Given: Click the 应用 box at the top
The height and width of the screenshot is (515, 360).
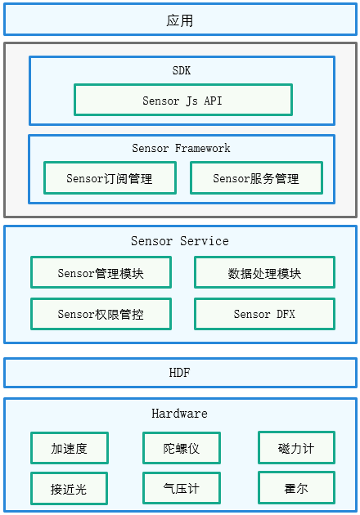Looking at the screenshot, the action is (180, 20).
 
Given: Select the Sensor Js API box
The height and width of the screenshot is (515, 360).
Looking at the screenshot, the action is (183, 100).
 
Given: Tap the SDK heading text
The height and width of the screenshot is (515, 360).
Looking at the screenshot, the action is (182, 70).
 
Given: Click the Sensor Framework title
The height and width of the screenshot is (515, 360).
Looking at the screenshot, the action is (181, 148).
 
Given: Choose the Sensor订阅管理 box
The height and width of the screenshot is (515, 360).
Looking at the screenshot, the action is (110, 177).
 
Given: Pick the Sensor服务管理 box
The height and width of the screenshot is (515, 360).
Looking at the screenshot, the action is (256, 177).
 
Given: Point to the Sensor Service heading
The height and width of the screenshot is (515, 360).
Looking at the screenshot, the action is (180, 241).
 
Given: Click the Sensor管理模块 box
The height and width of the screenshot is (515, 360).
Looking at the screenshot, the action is (101, 272).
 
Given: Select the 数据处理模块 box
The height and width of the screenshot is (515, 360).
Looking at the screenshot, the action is (264, 272).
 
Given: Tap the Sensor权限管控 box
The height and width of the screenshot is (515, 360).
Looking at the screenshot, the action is (101, 314).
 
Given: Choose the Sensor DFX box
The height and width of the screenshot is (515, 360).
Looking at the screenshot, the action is (264, 314).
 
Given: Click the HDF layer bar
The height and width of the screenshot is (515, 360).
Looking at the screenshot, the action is (180, 373).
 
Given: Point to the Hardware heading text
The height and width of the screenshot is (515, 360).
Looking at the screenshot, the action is (179, 413).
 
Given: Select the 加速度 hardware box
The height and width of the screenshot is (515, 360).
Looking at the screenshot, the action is (70, 448).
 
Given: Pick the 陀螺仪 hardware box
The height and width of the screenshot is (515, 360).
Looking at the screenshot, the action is (182, 448).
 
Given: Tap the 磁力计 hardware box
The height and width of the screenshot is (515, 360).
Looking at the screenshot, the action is (296, 448).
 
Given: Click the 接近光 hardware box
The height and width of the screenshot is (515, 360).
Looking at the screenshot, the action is (69, 488).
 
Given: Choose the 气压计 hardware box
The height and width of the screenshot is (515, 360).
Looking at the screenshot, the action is (182, 488).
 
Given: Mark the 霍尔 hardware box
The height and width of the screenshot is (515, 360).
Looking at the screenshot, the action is (296, 488).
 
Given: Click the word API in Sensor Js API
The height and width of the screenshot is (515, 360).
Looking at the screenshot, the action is (213, 101).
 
